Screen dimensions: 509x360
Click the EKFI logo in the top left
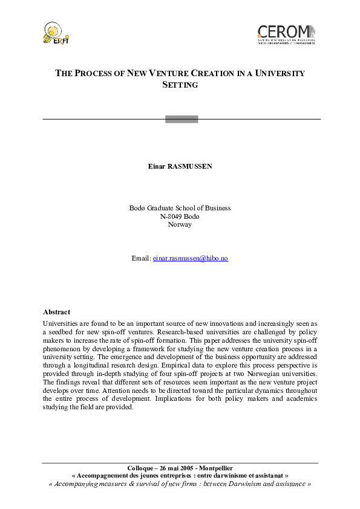tap(54, 33)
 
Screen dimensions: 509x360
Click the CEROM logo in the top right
tap(286, 34)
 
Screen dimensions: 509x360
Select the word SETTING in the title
tap(180, 85)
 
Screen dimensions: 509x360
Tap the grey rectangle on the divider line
tap(182, 119)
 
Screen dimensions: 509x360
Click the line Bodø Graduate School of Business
tap(180, 208)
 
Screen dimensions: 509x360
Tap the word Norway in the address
tap(180, 224)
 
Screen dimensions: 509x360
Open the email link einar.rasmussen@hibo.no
tap(190, 258)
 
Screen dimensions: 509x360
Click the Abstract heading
tap(56, 312)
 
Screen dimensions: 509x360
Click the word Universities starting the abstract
tap(60, 324)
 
